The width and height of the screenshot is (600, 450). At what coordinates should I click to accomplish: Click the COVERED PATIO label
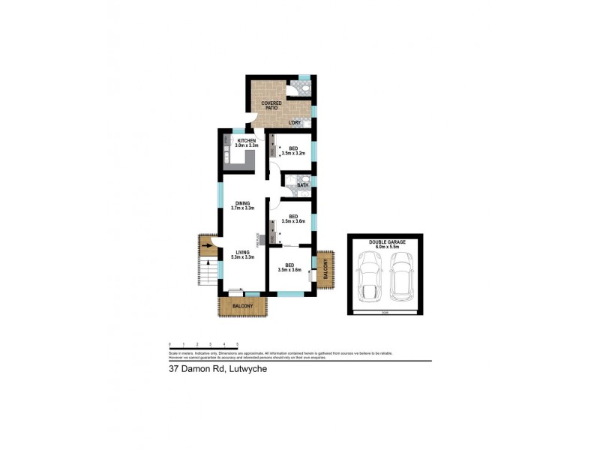tap(271, 105)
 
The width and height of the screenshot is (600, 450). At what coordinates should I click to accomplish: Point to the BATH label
tap(302, 184)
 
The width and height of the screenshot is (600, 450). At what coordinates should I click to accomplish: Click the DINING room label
tap(241, 203)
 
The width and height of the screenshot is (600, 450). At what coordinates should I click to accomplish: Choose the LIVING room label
tap(241, 252)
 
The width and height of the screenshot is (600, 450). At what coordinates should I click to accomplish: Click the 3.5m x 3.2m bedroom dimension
tap(292, 153)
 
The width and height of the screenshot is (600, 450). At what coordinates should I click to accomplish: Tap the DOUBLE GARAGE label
tap(387, 241)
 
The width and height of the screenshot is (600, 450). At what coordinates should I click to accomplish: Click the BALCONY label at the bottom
tap(242, 306)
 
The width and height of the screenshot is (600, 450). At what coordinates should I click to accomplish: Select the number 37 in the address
tap(173, 368)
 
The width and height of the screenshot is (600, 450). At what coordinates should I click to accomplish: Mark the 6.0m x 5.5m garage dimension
tap(387, 247)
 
